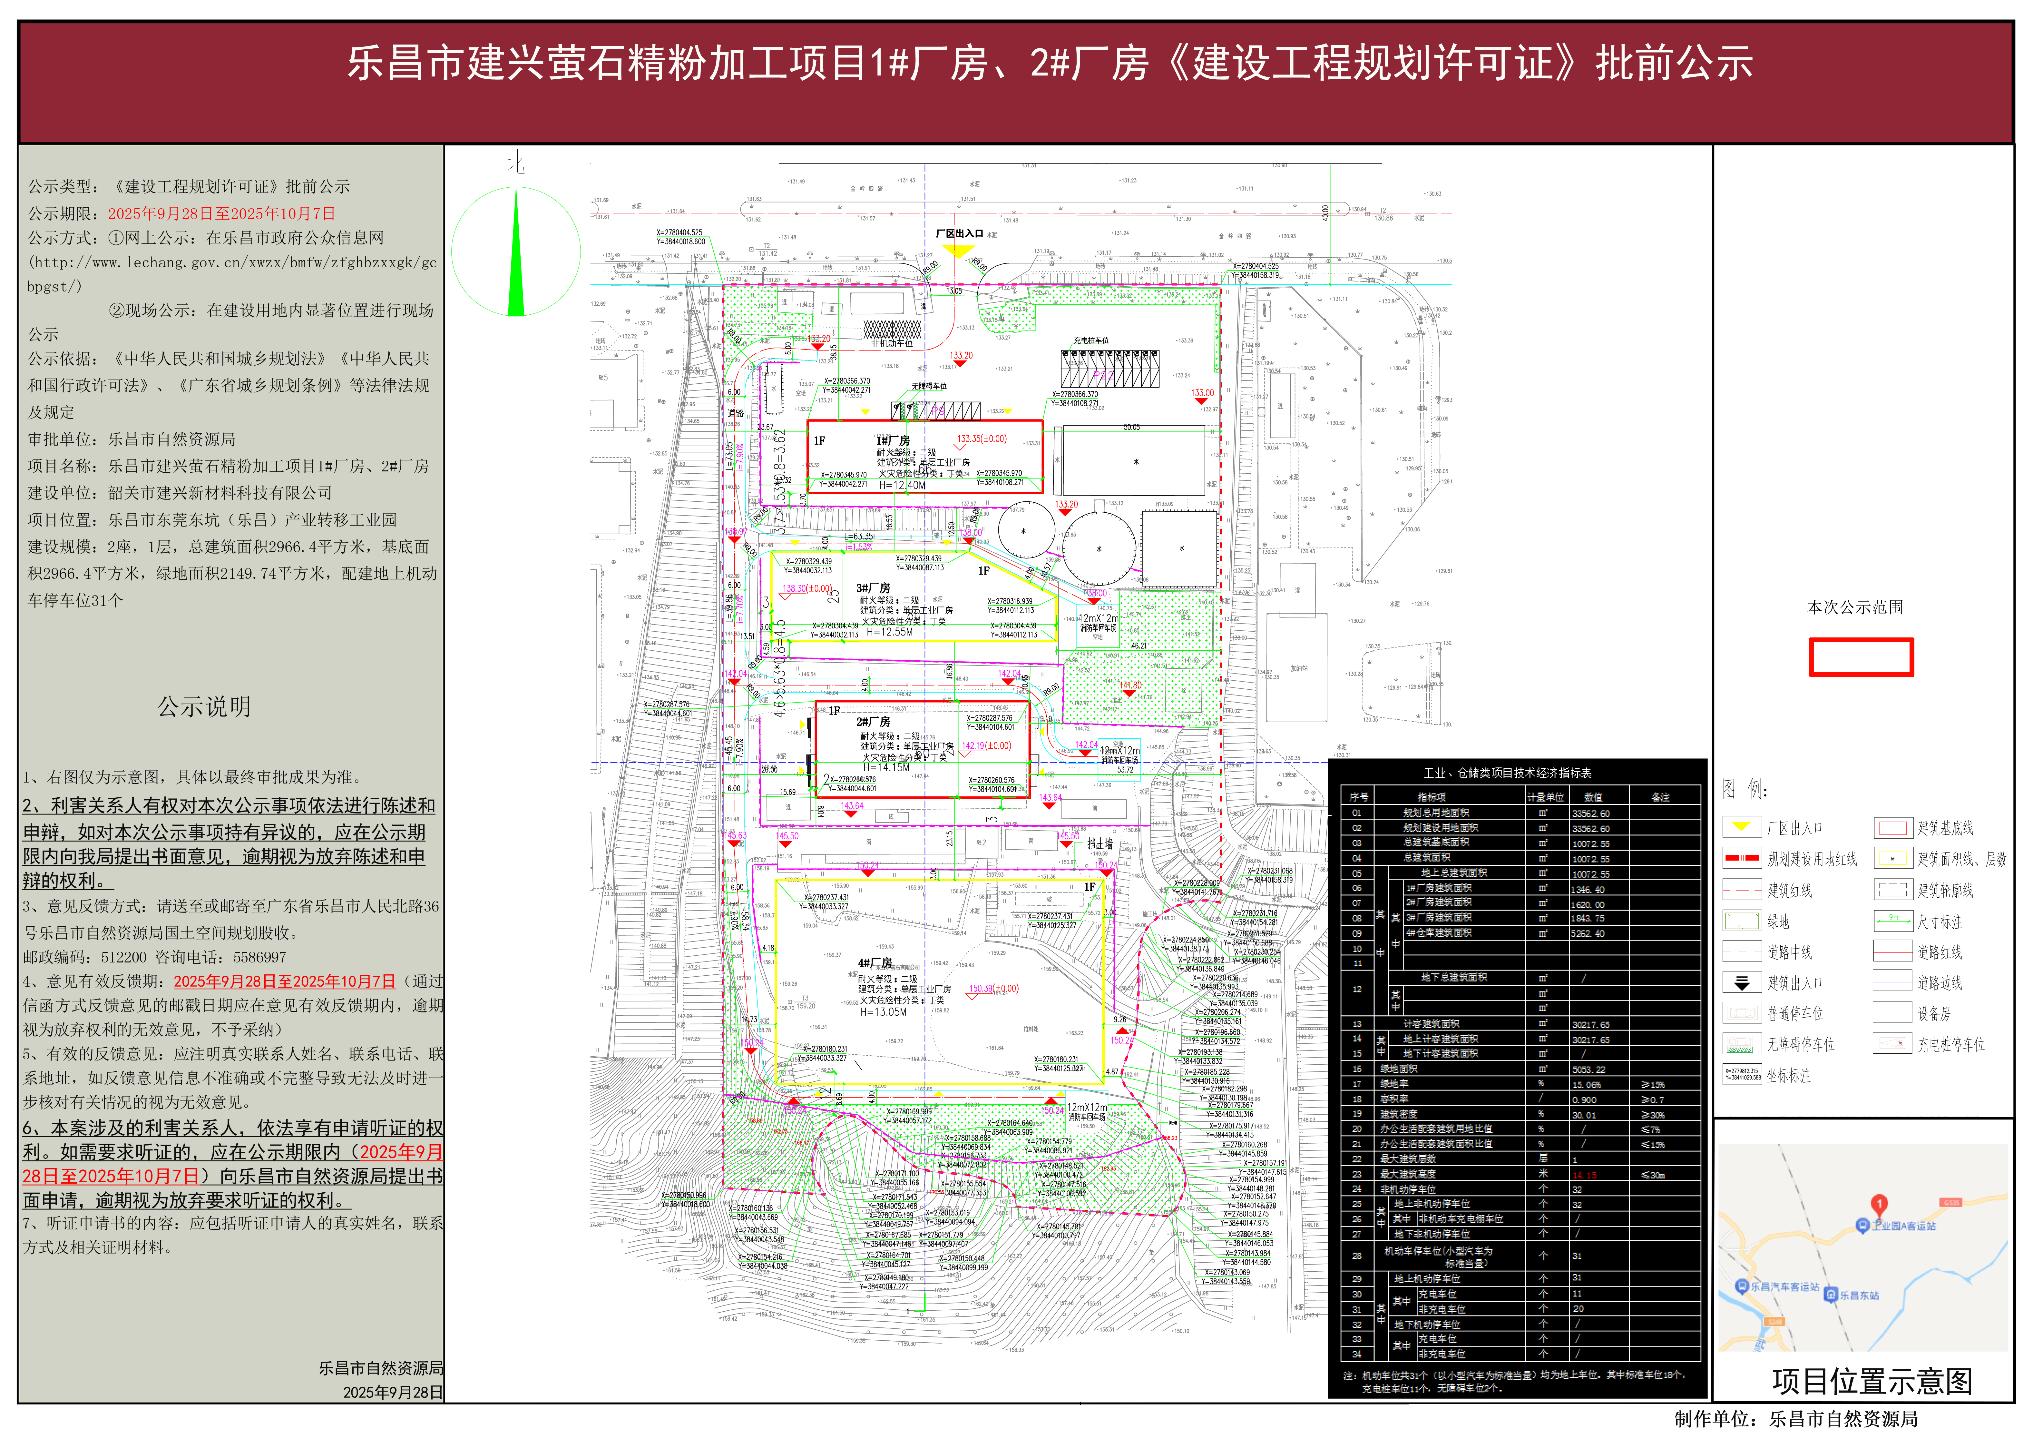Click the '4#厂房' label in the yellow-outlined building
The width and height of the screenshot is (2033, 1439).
[x=874, y=963]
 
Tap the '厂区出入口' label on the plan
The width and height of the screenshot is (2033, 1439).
[x=959, y=234]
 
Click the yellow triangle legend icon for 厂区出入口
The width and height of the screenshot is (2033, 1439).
[x=1742, y=828]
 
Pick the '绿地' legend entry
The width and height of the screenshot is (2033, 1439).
[x=1778, y=922]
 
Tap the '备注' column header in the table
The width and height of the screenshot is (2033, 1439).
[x=1660, y=797]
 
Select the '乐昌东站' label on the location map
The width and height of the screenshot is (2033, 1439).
[x=1859, y=1296]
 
